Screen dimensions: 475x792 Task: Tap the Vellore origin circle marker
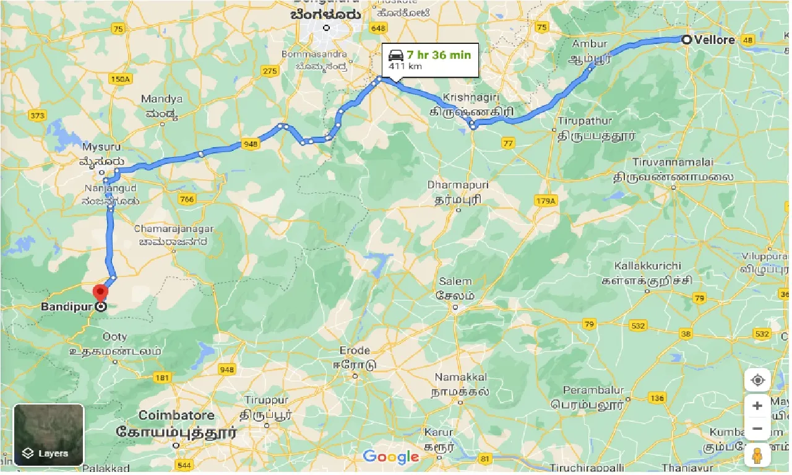pyautogui.click(x=686, y=40)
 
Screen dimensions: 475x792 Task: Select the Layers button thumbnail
pyautogui.click(x=48, y=435)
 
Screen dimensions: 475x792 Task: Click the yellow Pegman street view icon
pyautogui.click(x=757, y=455)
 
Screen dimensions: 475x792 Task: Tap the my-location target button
pyautogui.click(x=757, y=380)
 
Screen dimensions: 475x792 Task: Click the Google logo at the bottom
pyautogui.click(x=391, y=457)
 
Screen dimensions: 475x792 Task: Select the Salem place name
pyautogui.click(x=455, y=281)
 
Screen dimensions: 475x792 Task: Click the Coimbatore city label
pyautogui.click(x=176, y=415)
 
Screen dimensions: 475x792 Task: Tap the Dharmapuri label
pyautogui.click(x=458, y=185)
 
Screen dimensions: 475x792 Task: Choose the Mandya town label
pyautogui.click(x=161, y=99)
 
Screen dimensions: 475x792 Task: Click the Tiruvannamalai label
pyautogui.click(x=673, y=162)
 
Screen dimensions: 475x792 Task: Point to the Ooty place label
pyautogui.click(x=114, y=337)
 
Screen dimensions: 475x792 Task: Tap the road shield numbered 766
pyautogui.click(x=186, y=199)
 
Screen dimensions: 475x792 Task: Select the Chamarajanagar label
pyautogui.click(x=174, y=229)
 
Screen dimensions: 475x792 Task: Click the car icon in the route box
pyautogui.click(x=396, y=55)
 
